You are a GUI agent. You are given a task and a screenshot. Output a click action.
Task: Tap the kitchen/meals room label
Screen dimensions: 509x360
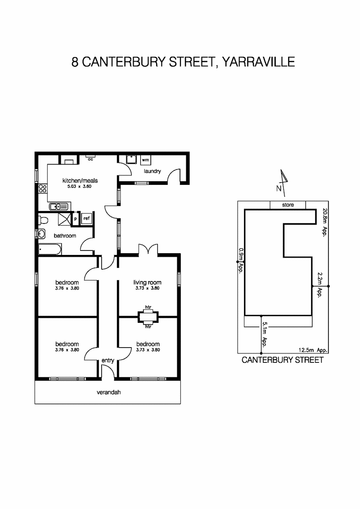80,181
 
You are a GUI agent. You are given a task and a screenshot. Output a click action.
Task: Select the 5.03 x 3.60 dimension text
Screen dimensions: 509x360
80,186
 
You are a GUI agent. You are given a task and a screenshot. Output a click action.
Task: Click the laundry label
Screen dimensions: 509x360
152,171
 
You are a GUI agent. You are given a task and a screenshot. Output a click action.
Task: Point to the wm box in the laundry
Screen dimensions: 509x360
145,160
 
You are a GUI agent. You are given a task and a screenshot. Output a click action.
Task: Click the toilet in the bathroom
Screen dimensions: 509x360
43,220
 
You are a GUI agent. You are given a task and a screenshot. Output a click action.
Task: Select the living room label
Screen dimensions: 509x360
147,282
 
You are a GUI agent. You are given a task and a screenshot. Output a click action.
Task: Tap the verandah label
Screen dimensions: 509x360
108,392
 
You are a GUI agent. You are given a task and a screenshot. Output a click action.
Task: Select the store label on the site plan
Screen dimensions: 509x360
288,205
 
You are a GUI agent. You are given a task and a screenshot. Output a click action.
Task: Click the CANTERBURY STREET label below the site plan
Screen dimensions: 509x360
283,360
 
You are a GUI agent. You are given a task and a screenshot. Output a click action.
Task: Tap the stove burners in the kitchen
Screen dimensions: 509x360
42,188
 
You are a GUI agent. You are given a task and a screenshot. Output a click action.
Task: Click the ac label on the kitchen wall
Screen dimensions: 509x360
90,159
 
